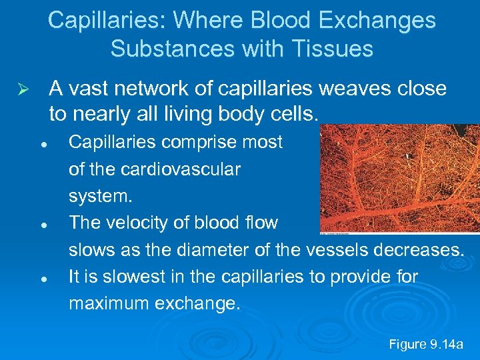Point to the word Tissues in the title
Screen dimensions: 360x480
(x=336, y=49)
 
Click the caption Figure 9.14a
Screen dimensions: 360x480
(x=425, y=344)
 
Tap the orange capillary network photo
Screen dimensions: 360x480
(x=399, y=179)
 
